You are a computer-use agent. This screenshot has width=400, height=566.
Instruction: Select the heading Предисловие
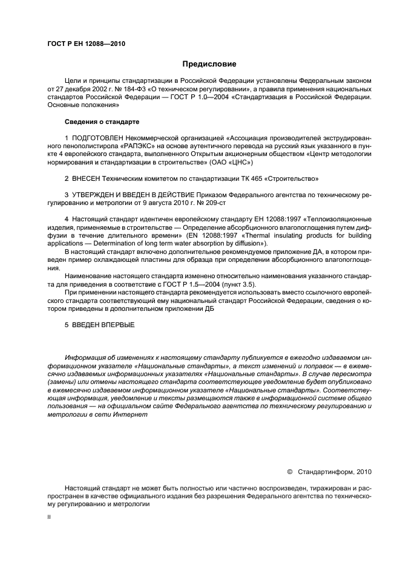coord(209,63)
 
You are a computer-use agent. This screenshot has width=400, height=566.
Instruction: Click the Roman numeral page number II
coord(50,517)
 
